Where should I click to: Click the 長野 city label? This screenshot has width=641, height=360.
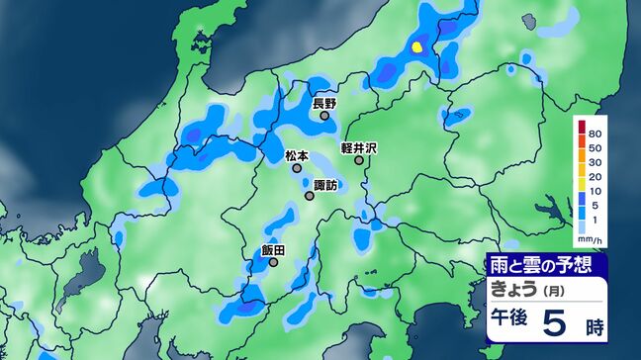coord(324,103)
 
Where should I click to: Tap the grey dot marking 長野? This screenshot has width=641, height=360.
coord(324,116)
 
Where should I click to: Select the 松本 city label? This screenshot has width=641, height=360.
coord(297,156)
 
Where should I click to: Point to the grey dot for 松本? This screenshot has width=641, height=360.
coord(297,169)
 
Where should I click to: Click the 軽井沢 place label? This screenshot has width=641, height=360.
coord(360,147)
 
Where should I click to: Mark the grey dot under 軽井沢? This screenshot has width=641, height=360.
coord(359,160)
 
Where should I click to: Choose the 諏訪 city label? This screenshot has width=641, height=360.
coord(325,184)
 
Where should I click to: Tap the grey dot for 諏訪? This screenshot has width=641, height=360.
coord(310,196)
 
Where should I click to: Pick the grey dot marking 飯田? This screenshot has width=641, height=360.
coord(273,263)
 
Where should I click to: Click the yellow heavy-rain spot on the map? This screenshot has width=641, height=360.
coord(416,45)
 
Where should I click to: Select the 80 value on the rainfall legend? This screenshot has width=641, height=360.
coord(595,133)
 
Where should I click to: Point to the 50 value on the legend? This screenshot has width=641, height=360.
coord(595,146)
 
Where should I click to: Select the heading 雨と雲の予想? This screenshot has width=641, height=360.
coord(540,265)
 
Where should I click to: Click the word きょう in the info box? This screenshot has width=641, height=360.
coord(518,289)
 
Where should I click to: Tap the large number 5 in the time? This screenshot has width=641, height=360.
coord(557,322)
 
